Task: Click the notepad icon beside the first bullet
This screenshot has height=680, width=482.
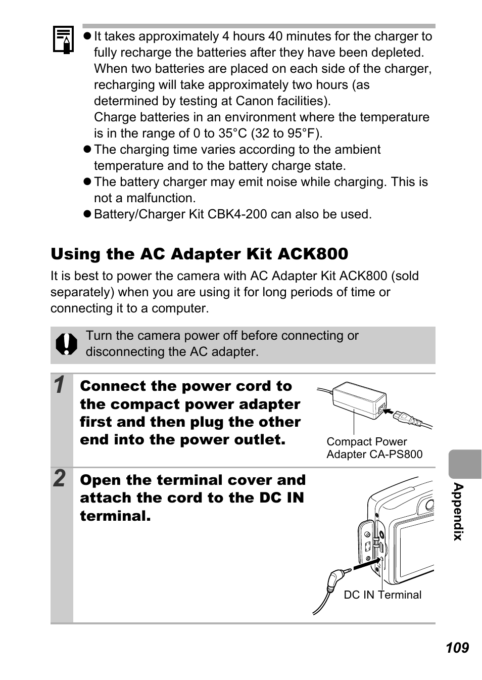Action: point(63,40)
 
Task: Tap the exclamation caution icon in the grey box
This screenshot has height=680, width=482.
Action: point(66,344)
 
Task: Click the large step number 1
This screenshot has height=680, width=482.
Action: point(60,385)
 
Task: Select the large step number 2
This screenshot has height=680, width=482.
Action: point(60,478)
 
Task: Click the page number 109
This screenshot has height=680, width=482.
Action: point(457,648)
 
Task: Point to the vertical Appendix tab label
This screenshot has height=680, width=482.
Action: point(458,511)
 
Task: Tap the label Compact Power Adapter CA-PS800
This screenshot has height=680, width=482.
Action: point(374,448)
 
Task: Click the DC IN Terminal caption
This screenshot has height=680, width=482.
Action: point(382,595)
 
